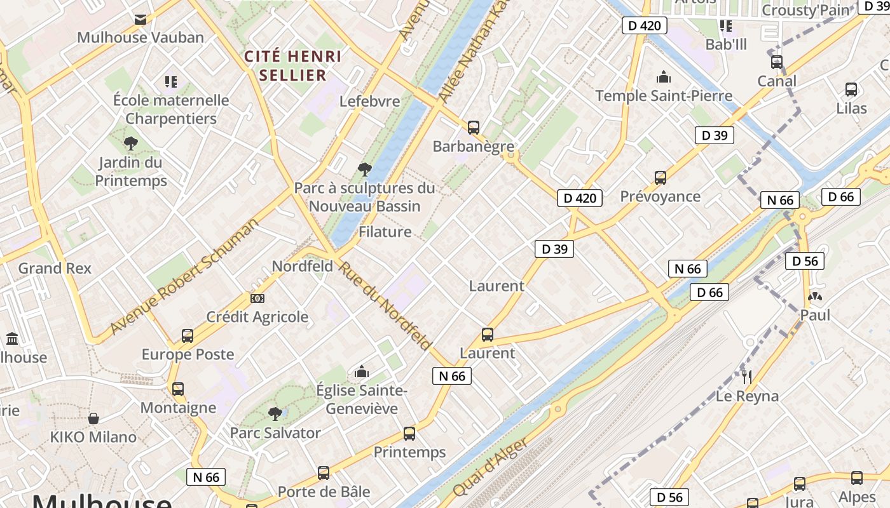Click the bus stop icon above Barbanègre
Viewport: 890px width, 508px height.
(x=473, y=127)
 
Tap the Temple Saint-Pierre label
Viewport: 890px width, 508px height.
(x=664, y=96)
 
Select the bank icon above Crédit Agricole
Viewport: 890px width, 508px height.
(x=257, y=298)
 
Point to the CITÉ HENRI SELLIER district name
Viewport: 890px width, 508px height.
(x=293, y=65)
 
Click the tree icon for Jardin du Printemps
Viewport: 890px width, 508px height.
(x=131, y=143)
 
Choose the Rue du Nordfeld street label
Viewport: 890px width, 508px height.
(x=384, y=305)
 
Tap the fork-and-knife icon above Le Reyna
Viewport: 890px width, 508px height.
(x=747, y=377)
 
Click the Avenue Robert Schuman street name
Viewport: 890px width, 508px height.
(x=184, y=276)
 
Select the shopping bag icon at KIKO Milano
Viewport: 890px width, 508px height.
(x=93, y=418)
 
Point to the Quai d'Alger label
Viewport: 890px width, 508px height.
(x=490, y=467)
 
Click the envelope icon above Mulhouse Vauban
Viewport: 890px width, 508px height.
(x=140, y=19)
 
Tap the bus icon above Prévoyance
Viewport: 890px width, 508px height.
(x=661, y=178)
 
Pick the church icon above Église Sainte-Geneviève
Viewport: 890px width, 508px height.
(x=362, y=371)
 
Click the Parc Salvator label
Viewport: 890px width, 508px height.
(x=275, y=433)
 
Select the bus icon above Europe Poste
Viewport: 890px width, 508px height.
(x=188, y=335)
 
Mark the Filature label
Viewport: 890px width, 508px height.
(x=385, y=232)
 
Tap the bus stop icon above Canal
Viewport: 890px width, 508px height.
(x=777, y=62)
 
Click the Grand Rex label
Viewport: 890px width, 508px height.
(x=55, y=268)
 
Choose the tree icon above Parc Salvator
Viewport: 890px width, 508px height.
(x=275, y=414)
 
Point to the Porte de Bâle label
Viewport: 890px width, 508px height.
(x=324, y=491)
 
